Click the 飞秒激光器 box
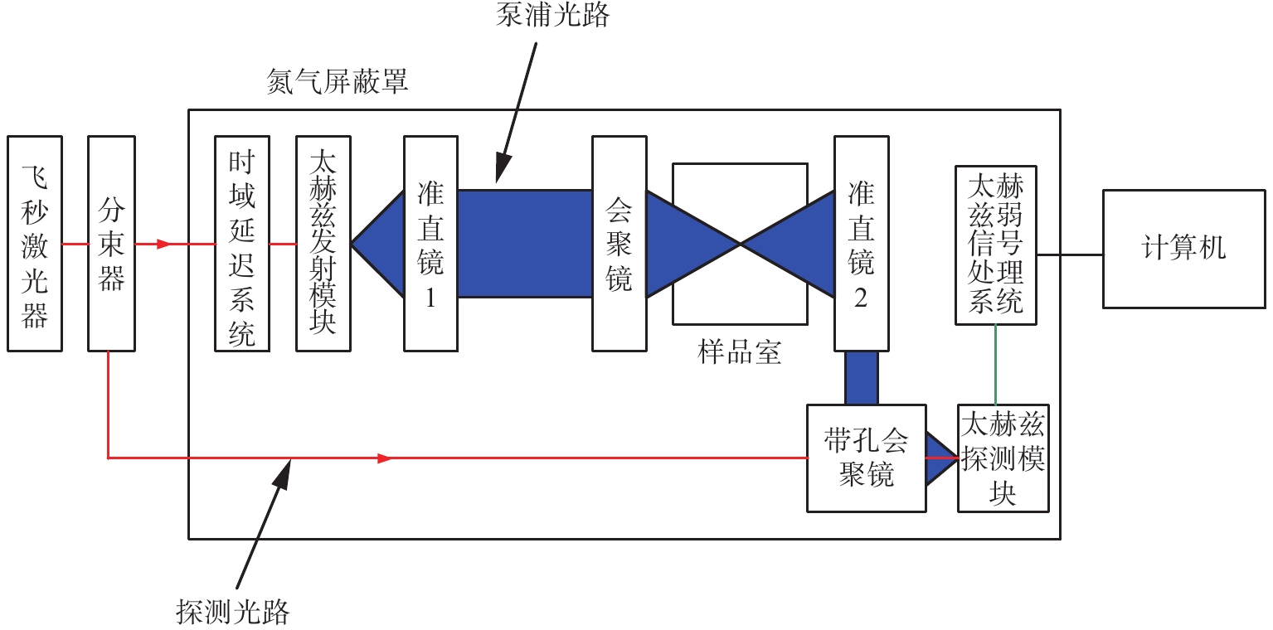(34, 244)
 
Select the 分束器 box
(111, 244)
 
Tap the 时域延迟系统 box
(241, 244)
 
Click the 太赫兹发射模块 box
(323, 244)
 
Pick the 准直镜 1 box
(430, 244)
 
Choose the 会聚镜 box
(619, 244)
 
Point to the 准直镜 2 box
(861, 244)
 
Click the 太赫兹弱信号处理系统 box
(995, 244)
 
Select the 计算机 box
(1183, 248)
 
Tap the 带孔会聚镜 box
(866, 458)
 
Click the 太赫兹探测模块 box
(1003, 458)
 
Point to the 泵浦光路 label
(552, 14)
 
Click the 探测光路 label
(233, 612)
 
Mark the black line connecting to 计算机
(1069, 254)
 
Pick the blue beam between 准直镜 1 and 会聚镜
(524, 244)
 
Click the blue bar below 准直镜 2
(861, 377)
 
